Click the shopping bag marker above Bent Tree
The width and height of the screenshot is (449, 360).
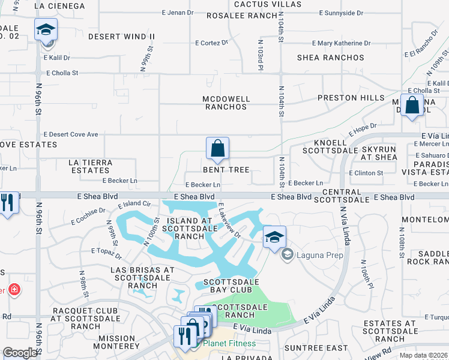point(217,148)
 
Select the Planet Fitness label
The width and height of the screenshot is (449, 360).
point(229,344)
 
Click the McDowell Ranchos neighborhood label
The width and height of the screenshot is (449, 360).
point(226,103)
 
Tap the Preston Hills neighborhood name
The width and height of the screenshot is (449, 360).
point(351,98)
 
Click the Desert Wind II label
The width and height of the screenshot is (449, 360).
point(121,37)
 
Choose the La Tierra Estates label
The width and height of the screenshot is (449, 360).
point(94,166)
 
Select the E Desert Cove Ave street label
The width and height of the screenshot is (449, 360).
point(71,134)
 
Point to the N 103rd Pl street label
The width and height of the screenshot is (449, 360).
point(261,56)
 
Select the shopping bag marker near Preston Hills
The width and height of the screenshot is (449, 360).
point(412,106)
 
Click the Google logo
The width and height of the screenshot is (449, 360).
point(20,353)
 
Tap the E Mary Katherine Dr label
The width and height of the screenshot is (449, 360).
point(342,43)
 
